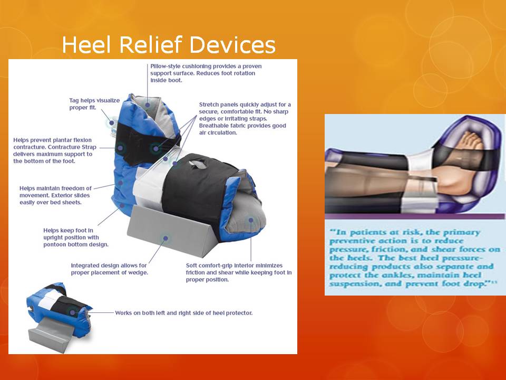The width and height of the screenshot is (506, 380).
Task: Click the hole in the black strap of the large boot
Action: click(x=196, y=164)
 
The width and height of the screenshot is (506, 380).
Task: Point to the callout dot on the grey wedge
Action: click(x=166, y=239)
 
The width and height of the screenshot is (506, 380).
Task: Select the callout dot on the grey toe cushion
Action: click(x=251, y=220)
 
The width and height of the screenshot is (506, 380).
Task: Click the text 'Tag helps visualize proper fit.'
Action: click(x=94, y=104)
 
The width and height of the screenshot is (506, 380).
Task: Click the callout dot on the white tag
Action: click(x=112, y=123)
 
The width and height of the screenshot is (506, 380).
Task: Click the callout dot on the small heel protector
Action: click(x=73, y=312)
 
